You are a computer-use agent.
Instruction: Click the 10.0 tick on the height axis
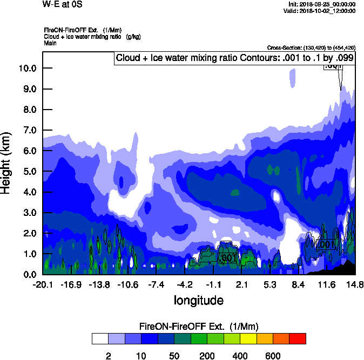tap(29, 69)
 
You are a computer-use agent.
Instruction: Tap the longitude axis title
tap(198, 300)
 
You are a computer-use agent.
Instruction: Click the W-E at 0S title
tap(62, 4)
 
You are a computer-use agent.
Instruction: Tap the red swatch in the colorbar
tap(298, 338)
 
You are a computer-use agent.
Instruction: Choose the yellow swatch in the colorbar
tap(248, 338)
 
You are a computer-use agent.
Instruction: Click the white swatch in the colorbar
tap(100, 338)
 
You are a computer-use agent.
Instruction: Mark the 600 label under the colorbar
tap(273, 356)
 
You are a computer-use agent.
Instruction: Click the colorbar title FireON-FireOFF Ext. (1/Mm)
tap(199, 327)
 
